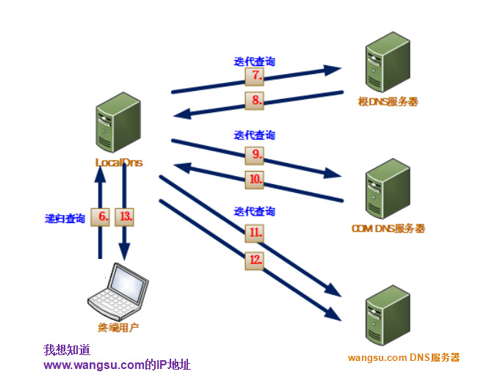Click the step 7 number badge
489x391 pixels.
254,76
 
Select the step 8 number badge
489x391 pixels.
254,101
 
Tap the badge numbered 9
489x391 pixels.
254,155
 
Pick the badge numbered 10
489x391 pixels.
254,178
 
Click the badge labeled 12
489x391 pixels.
254,260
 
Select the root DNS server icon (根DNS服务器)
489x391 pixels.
386,66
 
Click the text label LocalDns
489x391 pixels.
118,162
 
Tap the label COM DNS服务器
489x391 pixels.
388,229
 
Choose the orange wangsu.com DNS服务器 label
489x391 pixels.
403,358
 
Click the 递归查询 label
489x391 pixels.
65,219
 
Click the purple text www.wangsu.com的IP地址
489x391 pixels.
117,365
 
